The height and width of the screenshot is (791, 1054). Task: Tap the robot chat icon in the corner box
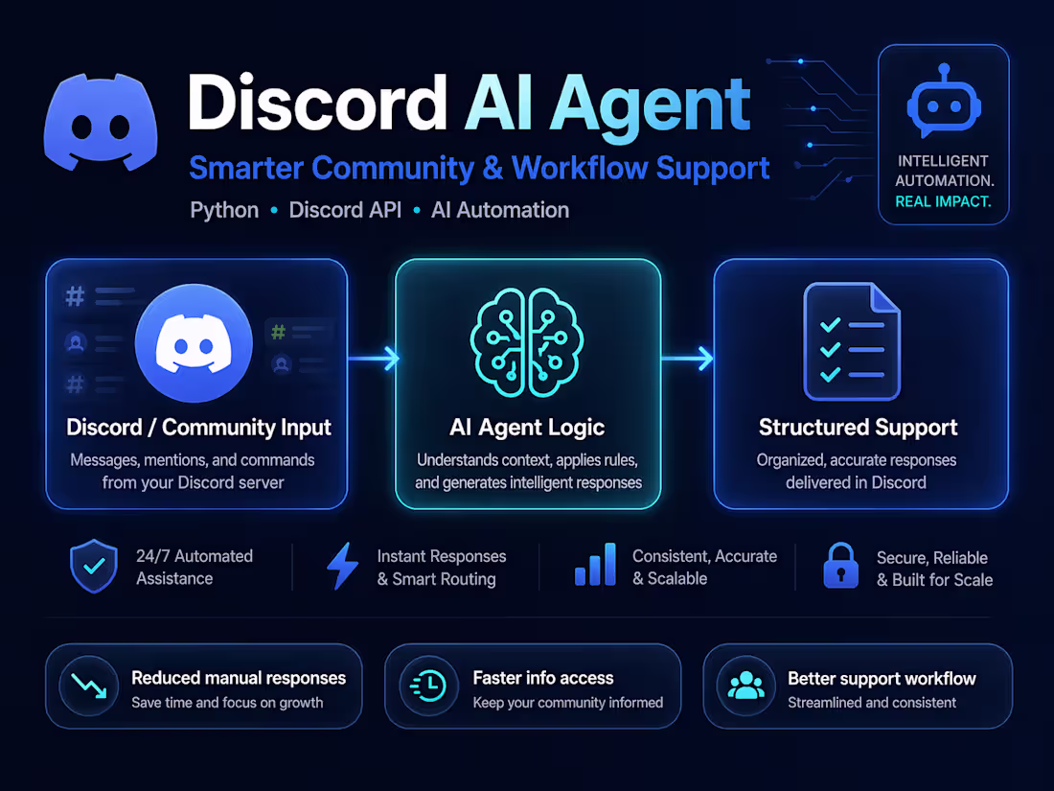tap(943, 102)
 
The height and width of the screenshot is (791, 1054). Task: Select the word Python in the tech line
tap(224, 210)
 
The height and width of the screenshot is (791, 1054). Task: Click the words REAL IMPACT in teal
tap(943, 201)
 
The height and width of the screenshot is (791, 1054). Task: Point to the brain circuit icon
tap(527, 343)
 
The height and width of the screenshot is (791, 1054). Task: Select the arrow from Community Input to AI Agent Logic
tap(373, 360)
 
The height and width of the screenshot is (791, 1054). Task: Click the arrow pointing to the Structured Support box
tap(687, 360)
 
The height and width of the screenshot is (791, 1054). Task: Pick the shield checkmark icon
tap(94, 568)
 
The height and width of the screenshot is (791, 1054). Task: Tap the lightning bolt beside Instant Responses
tap(342, 567)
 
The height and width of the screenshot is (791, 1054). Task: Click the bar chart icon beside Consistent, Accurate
tap(595, 566)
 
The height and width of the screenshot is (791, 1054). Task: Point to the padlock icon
tap(840, 567)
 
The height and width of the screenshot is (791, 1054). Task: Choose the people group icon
tap(745, 686)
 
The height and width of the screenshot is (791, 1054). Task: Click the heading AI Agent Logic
tap(527, 428)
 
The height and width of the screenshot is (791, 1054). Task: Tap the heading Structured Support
tap(859, 428)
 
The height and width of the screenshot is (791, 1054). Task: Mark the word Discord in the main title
tap(317, 104)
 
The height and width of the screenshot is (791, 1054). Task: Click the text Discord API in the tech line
tap(344, 210)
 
